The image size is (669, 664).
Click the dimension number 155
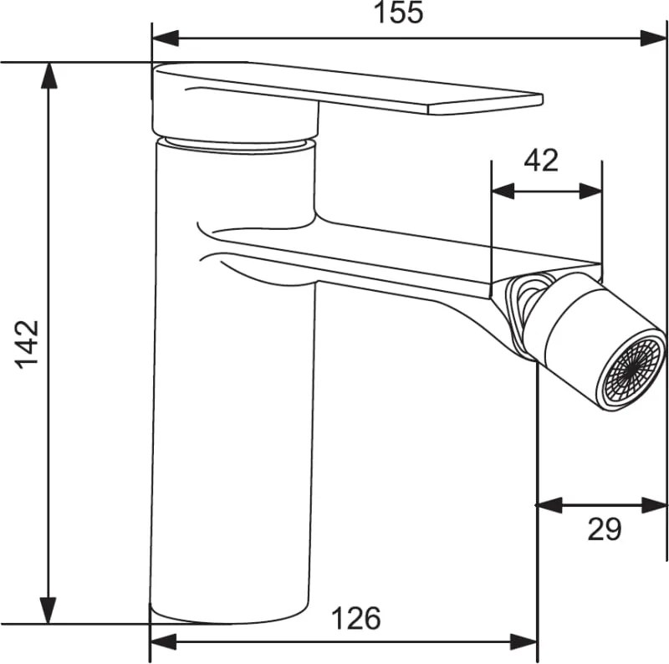pos(398,13)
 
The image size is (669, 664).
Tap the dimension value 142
pos(27,345)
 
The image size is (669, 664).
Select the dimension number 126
pos(356,618)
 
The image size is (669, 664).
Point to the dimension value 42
pos(541,160)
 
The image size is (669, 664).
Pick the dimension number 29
pos(604,529)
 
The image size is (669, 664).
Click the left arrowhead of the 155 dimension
pos(166,38)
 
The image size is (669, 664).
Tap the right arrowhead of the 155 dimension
pos(653,38)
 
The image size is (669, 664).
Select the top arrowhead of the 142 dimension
pos(49,75)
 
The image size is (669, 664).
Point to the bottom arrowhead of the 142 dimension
pos(49,610)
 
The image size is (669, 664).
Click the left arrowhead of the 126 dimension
pos(163,641)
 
